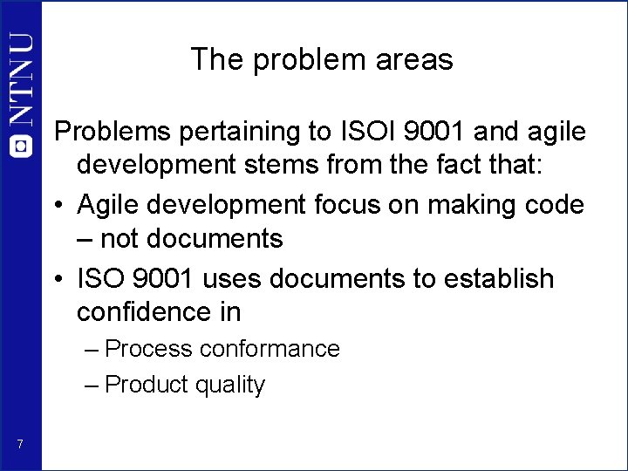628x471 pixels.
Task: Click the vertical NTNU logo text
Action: [x=22, y=83]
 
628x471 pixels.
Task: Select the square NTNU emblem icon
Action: [x=22, y=146]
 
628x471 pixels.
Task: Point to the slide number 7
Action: [x=20, y=446]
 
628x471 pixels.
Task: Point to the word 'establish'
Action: [x=501, y=278]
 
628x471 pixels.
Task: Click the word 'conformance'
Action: [x=270, y=349]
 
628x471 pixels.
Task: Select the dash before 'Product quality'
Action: [x=93, y=385]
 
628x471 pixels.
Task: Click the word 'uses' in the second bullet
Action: [x=234, y=278]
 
